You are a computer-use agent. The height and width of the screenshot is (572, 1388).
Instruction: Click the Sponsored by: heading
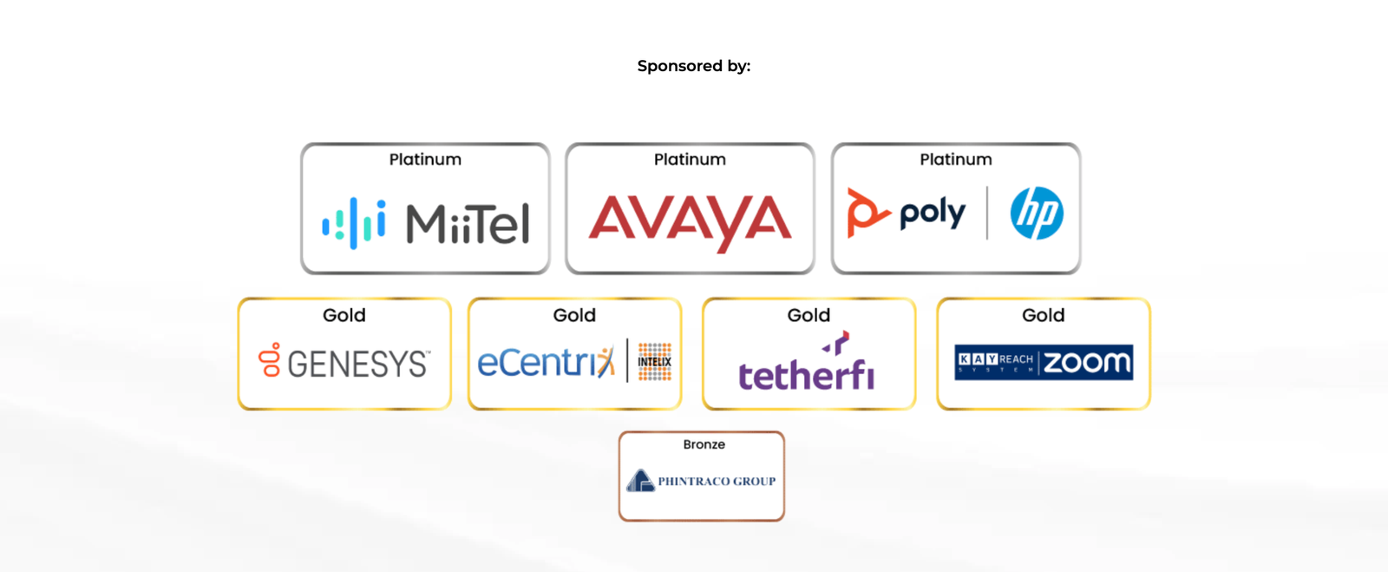693,66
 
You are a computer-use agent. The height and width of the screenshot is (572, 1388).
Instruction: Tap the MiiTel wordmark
468,224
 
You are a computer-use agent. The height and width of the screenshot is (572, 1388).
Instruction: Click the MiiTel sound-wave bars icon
354,223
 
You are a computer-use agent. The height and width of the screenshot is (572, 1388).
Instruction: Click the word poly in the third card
932,213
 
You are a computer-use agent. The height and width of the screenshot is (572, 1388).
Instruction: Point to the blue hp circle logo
1037,214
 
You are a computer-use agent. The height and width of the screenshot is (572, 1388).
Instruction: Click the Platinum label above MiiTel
425,160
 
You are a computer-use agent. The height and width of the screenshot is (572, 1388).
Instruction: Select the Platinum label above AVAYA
690,160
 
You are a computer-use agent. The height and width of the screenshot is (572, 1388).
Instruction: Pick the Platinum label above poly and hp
955,160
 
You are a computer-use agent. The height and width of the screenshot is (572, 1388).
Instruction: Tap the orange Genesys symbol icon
271,359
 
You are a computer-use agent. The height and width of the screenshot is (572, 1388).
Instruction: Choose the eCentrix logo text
545,362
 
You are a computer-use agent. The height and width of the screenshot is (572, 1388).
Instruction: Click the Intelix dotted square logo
655,362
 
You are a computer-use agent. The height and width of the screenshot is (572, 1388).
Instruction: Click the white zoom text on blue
1087,362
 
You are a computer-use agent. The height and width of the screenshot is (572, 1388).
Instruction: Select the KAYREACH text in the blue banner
995,359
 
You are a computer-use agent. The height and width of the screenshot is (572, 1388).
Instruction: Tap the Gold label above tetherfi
809,315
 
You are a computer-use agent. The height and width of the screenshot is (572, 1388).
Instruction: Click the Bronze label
704,444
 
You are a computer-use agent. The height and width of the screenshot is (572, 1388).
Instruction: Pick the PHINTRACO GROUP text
717,482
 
